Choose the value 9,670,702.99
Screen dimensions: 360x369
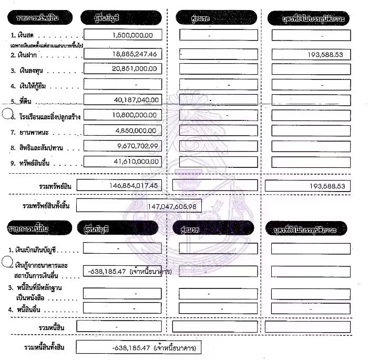131,146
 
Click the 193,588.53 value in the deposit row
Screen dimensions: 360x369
323,55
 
